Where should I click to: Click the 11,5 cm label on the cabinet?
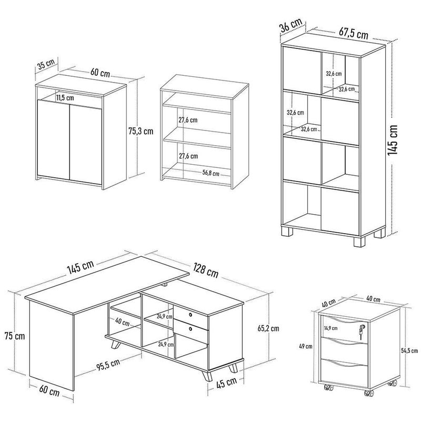pos(66,97)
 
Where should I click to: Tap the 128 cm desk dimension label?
pos(205,272)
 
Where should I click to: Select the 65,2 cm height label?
pos(267,327)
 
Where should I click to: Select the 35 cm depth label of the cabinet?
pos(46,66)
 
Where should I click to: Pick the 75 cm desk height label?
pos(13,336)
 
